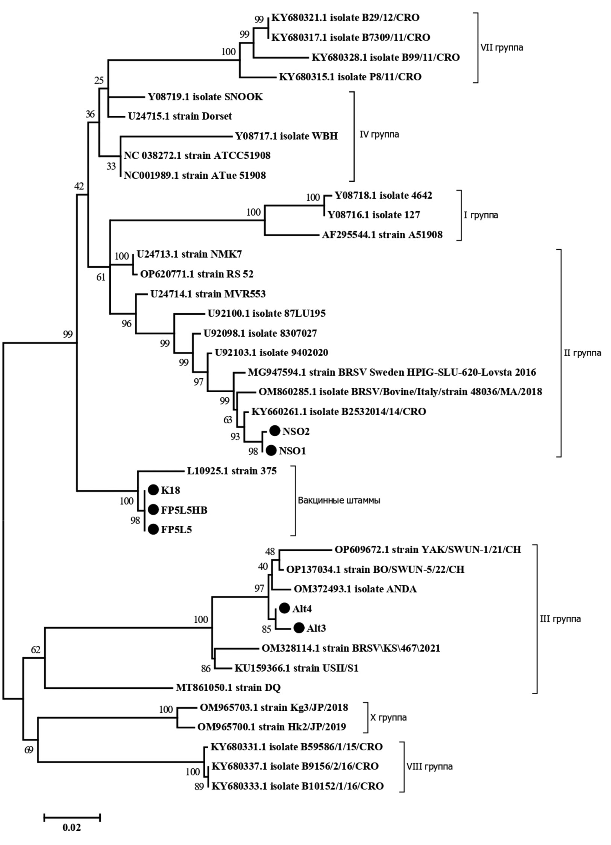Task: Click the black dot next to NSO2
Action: [275, 431]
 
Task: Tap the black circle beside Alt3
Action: [299, 628]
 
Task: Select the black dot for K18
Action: [153, 490]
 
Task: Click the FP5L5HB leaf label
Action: [184, 510]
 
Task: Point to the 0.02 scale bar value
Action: [71, 827]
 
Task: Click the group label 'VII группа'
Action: [502, 48]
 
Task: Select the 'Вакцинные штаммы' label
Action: [339, 500]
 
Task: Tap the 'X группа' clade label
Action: [388, 717]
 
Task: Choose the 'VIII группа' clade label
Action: [429, 766]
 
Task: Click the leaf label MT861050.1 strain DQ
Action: [228, 687]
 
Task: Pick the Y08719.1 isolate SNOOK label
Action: [205, 97]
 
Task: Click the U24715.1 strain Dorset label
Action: [180, 116]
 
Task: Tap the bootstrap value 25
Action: [99, 80]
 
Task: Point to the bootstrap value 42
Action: [79, 186]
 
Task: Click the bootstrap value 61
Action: [101, 277]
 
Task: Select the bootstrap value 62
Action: [35, 650]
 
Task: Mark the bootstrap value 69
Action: [29, 749]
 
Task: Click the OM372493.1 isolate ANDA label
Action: [355, 589]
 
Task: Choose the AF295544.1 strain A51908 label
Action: [382, 235]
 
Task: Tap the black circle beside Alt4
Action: [284, 608]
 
